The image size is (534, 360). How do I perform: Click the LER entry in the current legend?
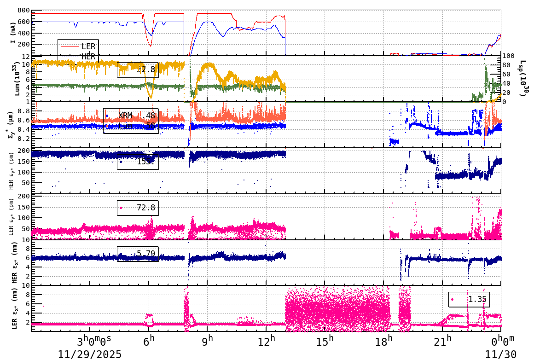click(x=88, y=46)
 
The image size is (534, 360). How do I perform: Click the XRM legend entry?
click(x=125, y=116)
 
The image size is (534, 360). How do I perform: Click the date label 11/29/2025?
click(x=90, y=354)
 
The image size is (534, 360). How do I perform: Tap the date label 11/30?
click(x=501, y=354)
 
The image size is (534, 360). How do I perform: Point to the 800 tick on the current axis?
click(x=23, y=11)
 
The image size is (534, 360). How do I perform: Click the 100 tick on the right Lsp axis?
click(x=508, y=56)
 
